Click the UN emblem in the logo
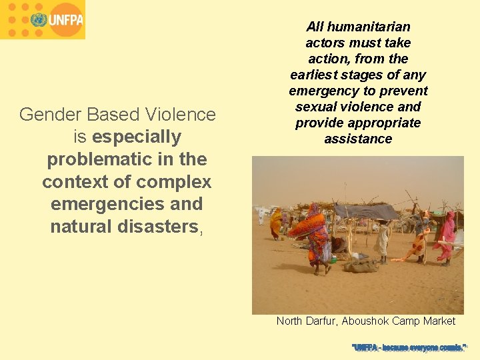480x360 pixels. pos(38,19)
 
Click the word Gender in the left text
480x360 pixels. pos(45,115)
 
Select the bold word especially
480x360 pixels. pos(137,137)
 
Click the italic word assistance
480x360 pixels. pos(358,139)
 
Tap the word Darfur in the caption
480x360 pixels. pos(321,321)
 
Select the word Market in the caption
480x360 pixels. pos(439,321)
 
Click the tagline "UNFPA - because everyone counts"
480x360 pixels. pos(409,347)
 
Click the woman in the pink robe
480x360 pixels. pos(445,237)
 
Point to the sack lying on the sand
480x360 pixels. pos(361,266)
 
